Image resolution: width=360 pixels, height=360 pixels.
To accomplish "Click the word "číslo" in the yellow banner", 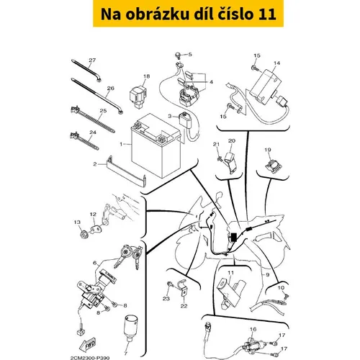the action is click(233, 14).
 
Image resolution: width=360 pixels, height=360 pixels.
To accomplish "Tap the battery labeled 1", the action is click(156, 145).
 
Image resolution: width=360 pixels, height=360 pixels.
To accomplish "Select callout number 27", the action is click(92, 60).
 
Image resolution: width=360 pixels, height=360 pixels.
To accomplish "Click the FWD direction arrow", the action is click(89, 344).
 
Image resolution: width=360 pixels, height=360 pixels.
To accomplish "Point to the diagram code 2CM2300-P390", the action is click(90, 358).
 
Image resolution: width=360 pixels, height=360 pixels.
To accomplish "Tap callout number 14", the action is click(277, 63).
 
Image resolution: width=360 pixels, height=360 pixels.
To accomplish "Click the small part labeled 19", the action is click(273, 165).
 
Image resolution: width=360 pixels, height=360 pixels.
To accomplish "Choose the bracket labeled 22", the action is click(184, 289).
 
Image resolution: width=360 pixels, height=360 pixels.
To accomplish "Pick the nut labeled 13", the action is click(84, 234).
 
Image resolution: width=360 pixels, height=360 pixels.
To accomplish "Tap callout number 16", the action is click(253, 329).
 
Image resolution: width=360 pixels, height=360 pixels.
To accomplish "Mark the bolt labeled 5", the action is click(178, 55).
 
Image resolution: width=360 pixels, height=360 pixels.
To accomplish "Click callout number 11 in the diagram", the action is click(230, 273).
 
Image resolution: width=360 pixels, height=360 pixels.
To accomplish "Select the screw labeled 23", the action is click(171, 285).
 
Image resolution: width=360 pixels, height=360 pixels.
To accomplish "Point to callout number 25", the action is click(103, 111).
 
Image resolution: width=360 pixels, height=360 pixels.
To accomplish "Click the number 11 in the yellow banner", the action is click(267, 14).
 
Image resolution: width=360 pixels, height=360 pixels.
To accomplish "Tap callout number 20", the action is click(232, 141).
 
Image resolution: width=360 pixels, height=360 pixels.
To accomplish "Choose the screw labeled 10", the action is click(286, 297).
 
